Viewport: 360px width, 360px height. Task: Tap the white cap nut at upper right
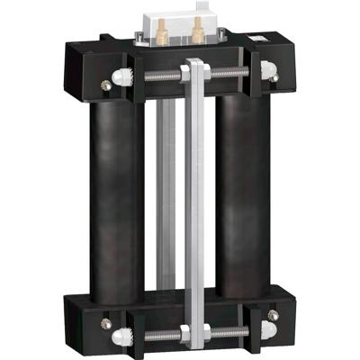point(267,69)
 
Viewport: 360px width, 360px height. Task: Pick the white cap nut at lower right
point(269,316)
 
